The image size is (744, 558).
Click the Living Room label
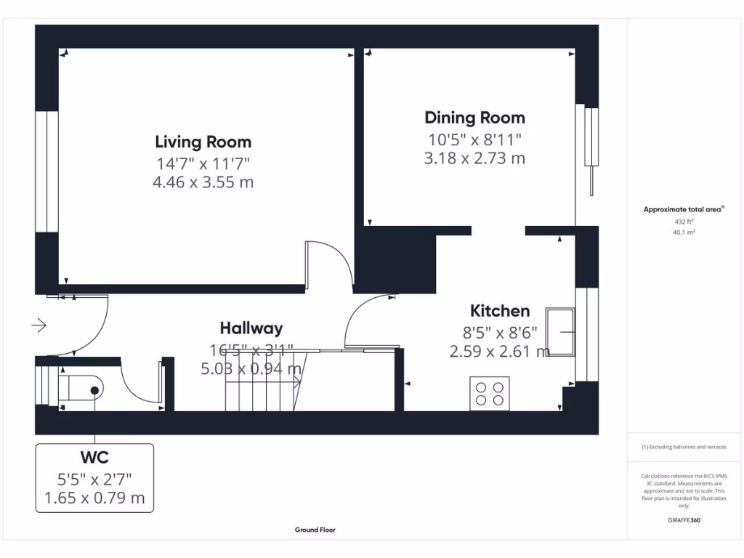pyautogui.click(x=203, y=142)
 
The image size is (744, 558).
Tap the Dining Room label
pyautogui.click(x=474, y=118)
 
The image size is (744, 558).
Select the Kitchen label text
pyautogui.click(x=500, y=311)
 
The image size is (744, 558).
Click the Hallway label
pyautogui.click(x=251, y=328)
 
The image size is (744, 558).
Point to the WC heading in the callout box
pyautogui.click(x=94, y=457)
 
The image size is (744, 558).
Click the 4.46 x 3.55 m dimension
pyautogui.click(x=203, y=182)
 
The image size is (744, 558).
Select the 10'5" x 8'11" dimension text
pyautogui.click(x=474, y=138)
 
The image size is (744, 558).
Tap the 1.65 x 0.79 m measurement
pyautogui.click(x=94, y=498)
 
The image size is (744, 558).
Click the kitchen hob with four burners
pyautogui.click(x=490, y=393)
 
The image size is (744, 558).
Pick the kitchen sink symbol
pyautogui.click(x=562, y=332)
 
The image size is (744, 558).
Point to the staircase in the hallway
pyautogui.click(x=262, y=381)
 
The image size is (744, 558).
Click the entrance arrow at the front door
pyautogui.click(x=39, y=325)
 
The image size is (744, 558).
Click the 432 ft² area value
pyautogui.click(x=683, y=222)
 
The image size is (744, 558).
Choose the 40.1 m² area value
pyautogui.click(x=683, y=232)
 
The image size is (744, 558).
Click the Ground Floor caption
pyautogui.click(x=315, y=530)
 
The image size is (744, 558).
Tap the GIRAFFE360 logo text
pyautogui.click(x=683, y=520)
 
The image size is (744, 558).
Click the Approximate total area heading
pyautogui.click(x=683, y=209)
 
